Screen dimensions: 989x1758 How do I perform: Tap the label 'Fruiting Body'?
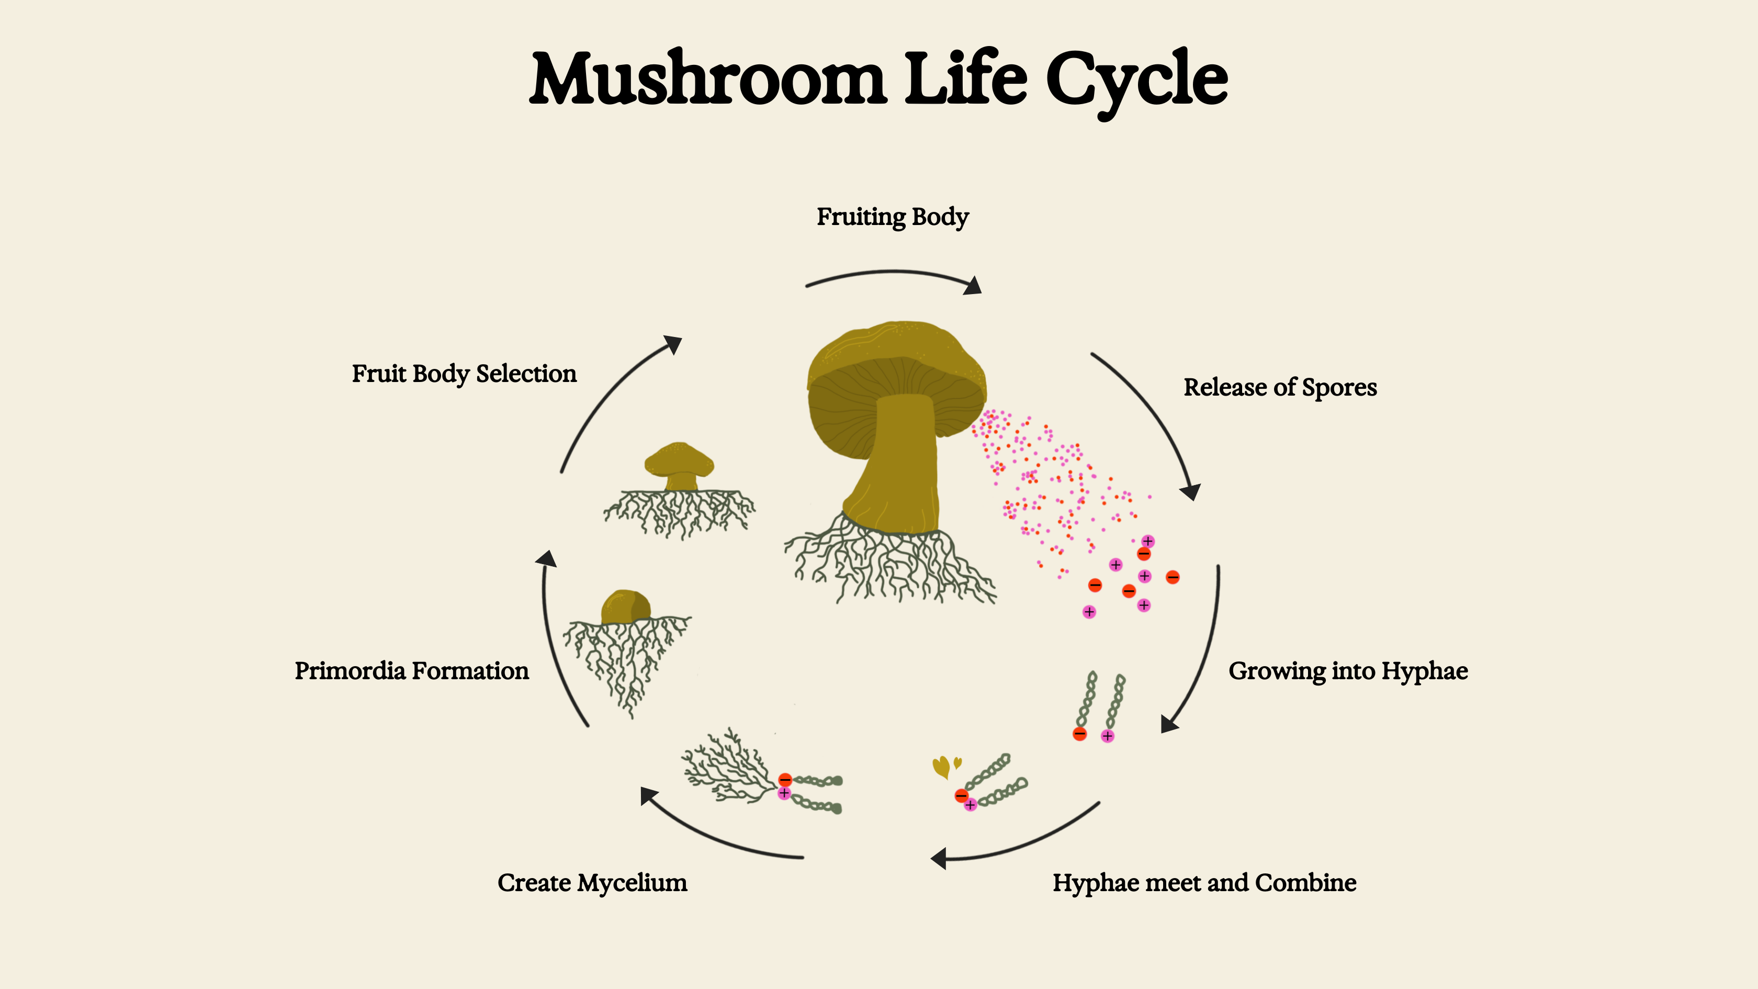893,217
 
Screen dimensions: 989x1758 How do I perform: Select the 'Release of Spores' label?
1280,388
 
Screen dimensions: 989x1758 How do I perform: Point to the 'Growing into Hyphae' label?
1348,671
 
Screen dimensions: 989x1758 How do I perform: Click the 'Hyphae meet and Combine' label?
1204,883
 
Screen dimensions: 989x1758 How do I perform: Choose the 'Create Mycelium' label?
592,883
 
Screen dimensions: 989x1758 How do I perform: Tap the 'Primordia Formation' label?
412,671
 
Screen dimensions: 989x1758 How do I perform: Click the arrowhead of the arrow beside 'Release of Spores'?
1191,491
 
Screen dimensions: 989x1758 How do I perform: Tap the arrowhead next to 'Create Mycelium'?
648,795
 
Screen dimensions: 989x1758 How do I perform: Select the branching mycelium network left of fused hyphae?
727,768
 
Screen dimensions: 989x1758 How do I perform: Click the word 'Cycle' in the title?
1136,80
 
